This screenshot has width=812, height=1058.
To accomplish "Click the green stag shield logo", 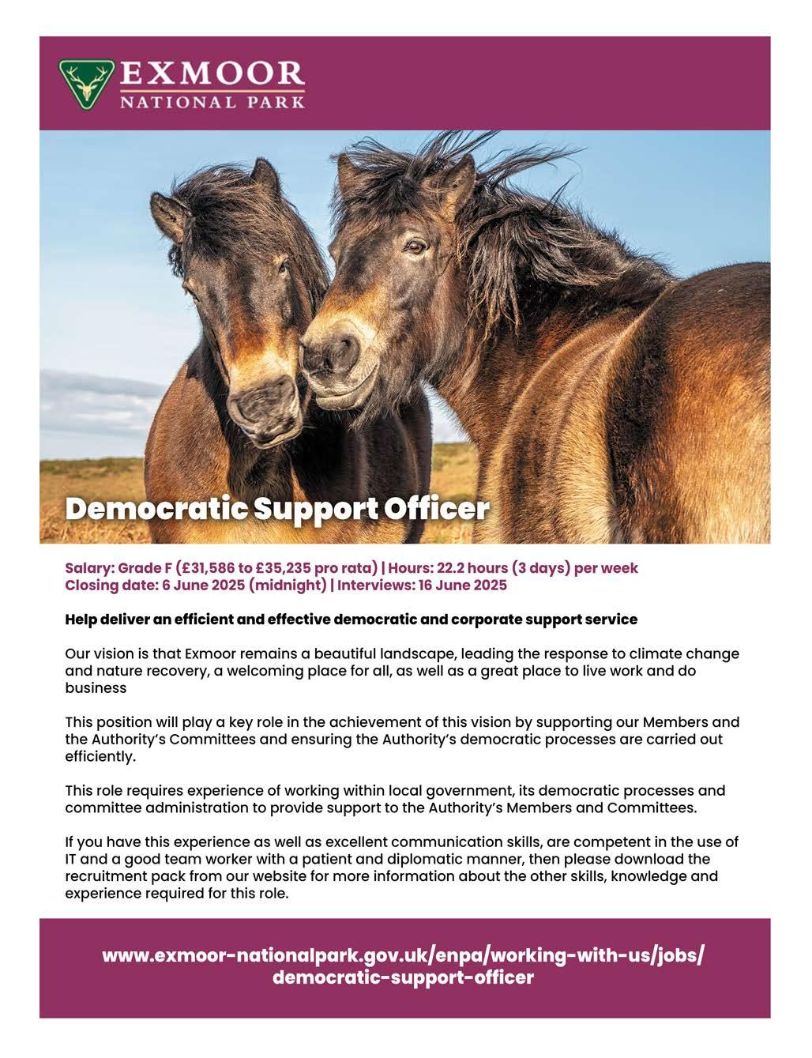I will (x=87, y=81).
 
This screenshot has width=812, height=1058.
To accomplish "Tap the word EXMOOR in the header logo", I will (x=212, y=73).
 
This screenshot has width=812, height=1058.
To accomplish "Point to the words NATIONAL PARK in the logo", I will (x=212, y=102).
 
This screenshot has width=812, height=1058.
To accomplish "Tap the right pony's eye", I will (x=414, y=247).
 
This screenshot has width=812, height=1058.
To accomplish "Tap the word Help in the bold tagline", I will (x=81, y=619).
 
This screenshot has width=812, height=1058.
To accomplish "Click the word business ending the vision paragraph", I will (x=96, y=687).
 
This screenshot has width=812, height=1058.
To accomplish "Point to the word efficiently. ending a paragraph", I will (x=100, y=756).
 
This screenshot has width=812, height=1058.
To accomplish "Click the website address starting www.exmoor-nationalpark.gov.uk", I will (x=403, y=955).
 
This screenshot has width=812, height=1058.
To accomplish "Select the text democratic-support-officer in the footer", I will (x=403, y=978).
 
